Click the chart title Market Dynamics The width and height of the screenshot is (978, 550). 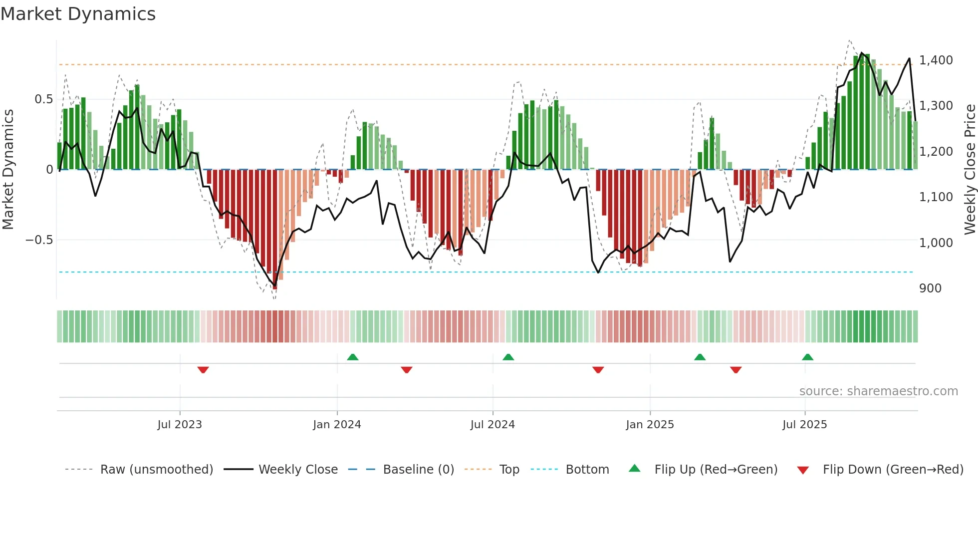pyautogui.click(x=78, y=14)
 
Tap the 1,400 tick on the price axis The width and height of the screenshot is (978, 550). pyautogui.click(x=936, y=60)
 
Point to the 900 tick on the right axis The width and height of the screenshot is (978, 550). pyautogui.click(x=930, y=288)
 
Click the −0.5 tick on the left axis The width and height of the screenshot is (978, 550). pyautogui.click(x=39, y=240)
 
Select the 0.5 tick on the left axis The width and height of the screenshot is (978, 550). pyautogui.click(x=43, y=99)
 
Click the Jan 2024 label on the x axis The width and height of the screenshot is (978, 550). pyautogui.click(x=337, y=425)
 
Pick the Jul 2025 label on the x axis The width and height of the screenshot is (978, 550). pyautogui.click(x=804, y=425)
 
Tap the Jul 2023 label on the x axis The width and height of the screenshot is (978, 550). pyautogui.click(x=180, y=425)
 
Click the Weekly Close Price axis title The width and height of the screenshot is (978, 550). pyautogui.click(x=970, y=169)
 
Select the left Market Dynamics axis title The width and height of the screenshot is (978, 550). pyautogui.click(x=8, y=169)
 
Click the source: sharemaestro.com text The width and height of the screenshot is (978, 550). pyautogui.click(x=878, y=391)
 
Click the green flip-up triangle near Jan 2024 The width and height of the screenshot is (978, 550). pyautogui.click(x=353, y=357)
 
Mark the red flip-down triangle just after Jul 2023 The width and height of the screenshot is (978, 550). pyautogui.click(x=203, y=370)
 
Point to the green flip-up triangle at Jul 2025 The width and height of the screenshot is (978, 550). pyautogui.click(x=807, y=357)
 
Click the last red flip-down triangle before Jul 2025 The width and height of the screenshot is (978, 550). pyautogui.click(x=735, y=370)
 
